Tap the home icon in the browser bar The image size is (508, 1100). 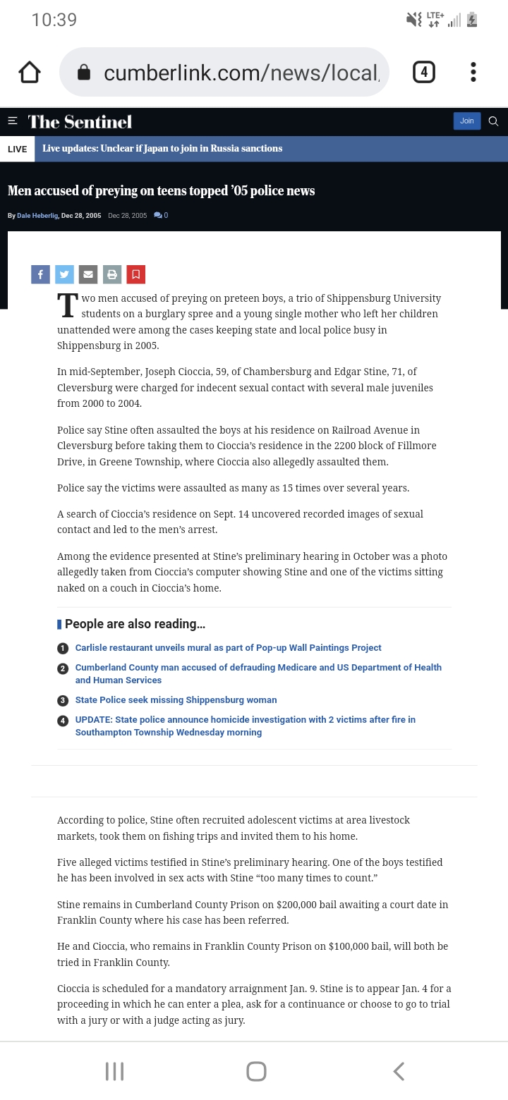pos(30,72)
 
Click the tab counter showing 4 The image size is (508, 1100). pos(423,72)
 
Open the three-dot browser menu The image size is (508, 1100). pos(473,72)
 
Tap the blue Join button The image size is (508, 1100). pos(466,121)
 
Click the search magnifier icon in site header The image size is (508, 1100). pos(493,121)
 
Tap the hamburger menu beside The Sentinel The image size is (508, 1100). pos(12,121)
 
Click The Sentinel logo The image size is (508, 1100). pos(80,122)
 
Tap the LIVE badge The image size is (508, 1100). pos(17,149)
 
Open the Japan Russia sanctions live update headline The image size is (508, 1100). pos(162,149)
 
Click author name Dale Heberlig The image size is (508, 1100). pos(37,216)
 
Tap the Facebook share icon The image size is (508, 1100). pos(40,274)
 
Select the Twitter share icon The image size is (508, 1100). pos(64,274)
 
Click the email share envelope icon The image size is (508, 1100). pos(88,274)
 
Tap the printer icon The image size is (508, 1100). pos(112,274)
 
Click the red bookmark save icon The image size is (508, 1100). pos(136,274)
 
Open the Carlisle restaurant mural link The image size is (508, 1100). pos(228,648)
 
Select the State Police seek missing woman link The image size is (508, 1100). pos(176,700)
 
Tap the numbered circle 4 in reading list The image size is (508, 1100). pos(63,721)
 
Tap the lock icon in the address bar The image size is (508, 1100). pos(84,73)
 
